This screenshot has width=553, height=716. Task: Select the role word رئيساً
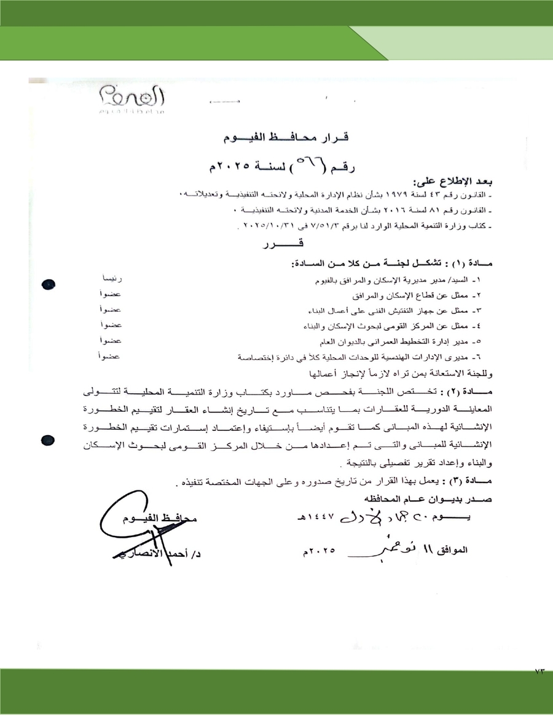111,280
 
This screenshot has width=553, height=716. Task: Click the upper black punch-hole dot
49,285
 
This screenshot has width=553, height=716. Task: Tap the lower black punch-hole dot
49,440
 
